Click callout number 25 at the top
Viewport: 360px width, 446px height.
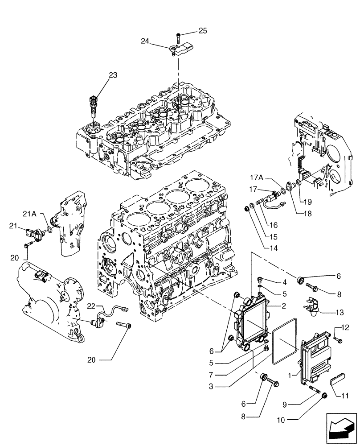coord(203,31)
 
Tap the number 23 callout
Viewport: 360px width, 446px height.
coord(113,75)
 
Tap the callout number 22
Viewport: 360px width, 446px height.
coord(91,306)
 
